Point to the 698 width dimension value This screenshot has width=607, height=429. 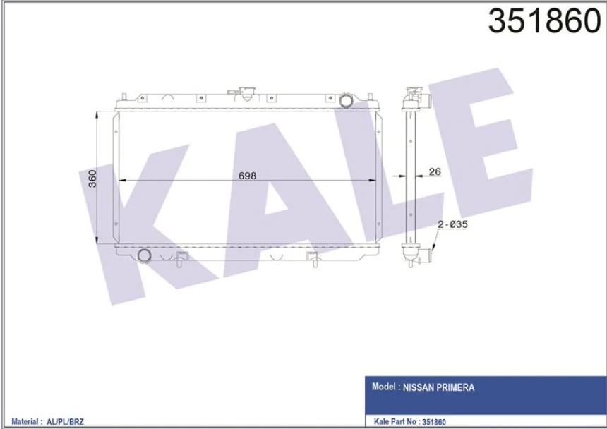pyautogui.click(x=246, y=175)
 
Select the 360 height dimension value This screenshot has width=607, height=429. pyautogui.click(x=92, y=179)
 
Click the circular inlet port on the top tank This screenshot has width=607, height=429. pyautogui.click(x=346, y=101)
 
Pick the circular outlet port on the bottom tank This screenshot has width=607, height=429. pyautogui.click(x=145, y=255)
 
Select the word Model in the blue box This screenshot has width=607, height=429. pyautogui.click(x=384, y=387)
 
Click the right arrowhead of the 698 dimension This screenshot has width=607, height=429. pyautogui.click(x=376, y=181)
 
